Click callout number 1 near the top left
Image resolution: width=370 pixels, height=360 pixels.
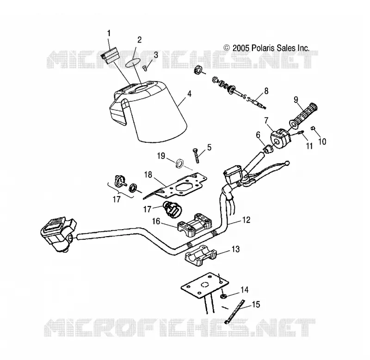[x=109, y=33]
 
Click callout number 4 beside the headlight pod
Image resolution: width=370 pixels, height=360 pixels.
[x=189, y=94]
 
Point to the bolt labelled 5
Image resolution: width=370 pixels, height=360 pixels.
[x=196, y=156]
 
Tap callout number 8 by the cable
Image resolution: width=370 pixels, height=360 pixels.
[x=266, y=91]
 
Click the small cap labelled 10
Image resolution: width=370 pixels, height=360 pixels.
[x=314, y=128]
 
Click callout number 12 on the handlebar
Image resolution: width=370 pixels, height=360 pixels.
[x=246, y=220]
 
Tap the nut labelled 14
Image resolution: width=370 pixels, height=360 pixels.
[x=223, y=296]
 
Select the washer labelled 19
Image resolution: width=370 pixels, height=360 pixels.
[x=180, y=163]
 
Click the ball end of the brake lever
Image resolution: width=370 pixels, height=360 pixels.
[x=287, y=163]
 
